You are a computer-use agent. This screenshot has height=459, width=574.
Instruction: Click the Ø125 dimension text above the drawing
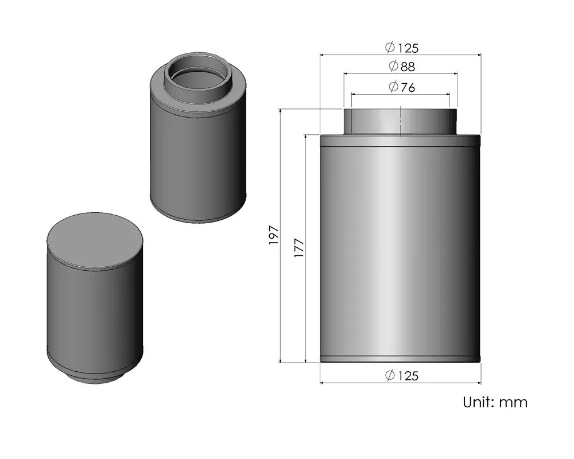pos(404,48)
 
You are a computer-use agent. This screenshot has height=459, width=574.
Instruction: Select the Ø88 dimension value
pos(401,67)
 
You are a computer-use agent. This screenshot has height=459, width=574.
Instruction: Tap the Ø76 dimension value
pos(401,87)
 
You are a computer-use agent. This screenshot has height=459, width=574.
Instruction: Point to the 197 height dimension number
pos(273,235)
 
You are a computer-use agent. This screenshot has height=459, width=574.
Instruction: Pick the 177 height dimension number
pos(298,247)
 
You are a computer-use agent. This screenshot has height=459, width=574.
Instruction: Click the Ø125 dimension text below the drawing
pos(404,376)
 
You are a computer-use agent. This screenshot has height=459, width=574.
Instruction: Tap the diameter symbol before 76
pos(393,87)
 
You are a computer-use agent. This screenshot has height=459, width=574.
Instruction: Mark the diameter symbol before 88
pos(393,67)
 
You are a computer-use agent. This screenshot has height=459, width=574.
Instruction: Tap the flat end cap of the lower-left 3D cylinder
pos(94,240)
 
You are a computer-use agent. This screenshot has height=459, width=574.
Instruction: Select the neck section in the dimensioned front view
pos(373,122)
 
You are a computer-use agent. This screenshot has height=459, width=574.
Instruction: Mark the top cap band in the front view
pos(400,141)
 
